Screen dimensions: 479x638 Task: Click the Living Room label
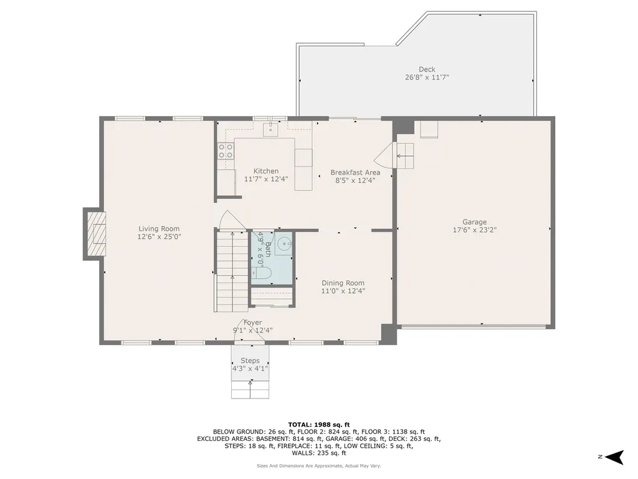click(159, 229)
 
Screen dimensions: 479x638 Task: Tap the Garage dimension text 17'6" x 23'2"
click(474, 230)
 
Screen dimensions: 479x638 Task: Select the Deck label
click(427, 69)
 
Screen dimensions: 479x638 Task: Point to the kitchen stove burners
click(226, 150)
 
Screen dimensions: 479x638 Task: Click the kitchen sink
click(271, 129)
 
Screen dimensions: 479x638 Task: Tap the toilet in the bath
click(263, 273)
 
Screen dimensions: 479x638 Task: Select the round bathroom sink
click(284, 244)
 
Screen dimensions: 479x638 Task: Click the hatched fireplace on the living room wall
click(95, 234)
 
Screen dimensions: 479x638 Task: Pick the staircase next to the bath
click(232, 271)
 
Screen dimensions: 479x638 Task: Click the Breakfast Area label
click(355, 173)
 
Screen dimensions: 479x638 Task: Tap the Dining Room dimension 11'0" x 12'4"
click(343, 291)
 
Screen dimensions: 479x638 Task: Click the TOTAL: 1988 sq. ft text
click(319, 423)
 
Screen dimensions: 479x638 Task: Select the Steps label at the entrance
click(250, 360)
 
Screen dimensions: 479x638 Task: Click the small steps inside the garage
click(405, 155)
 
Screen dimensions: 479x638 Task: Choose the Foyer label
click(252, 322)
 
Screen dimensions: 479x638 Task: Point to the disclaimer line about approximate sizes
click(319, 466)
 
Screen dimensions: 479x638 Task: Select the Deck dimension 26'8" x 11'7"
click(427, 77)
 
